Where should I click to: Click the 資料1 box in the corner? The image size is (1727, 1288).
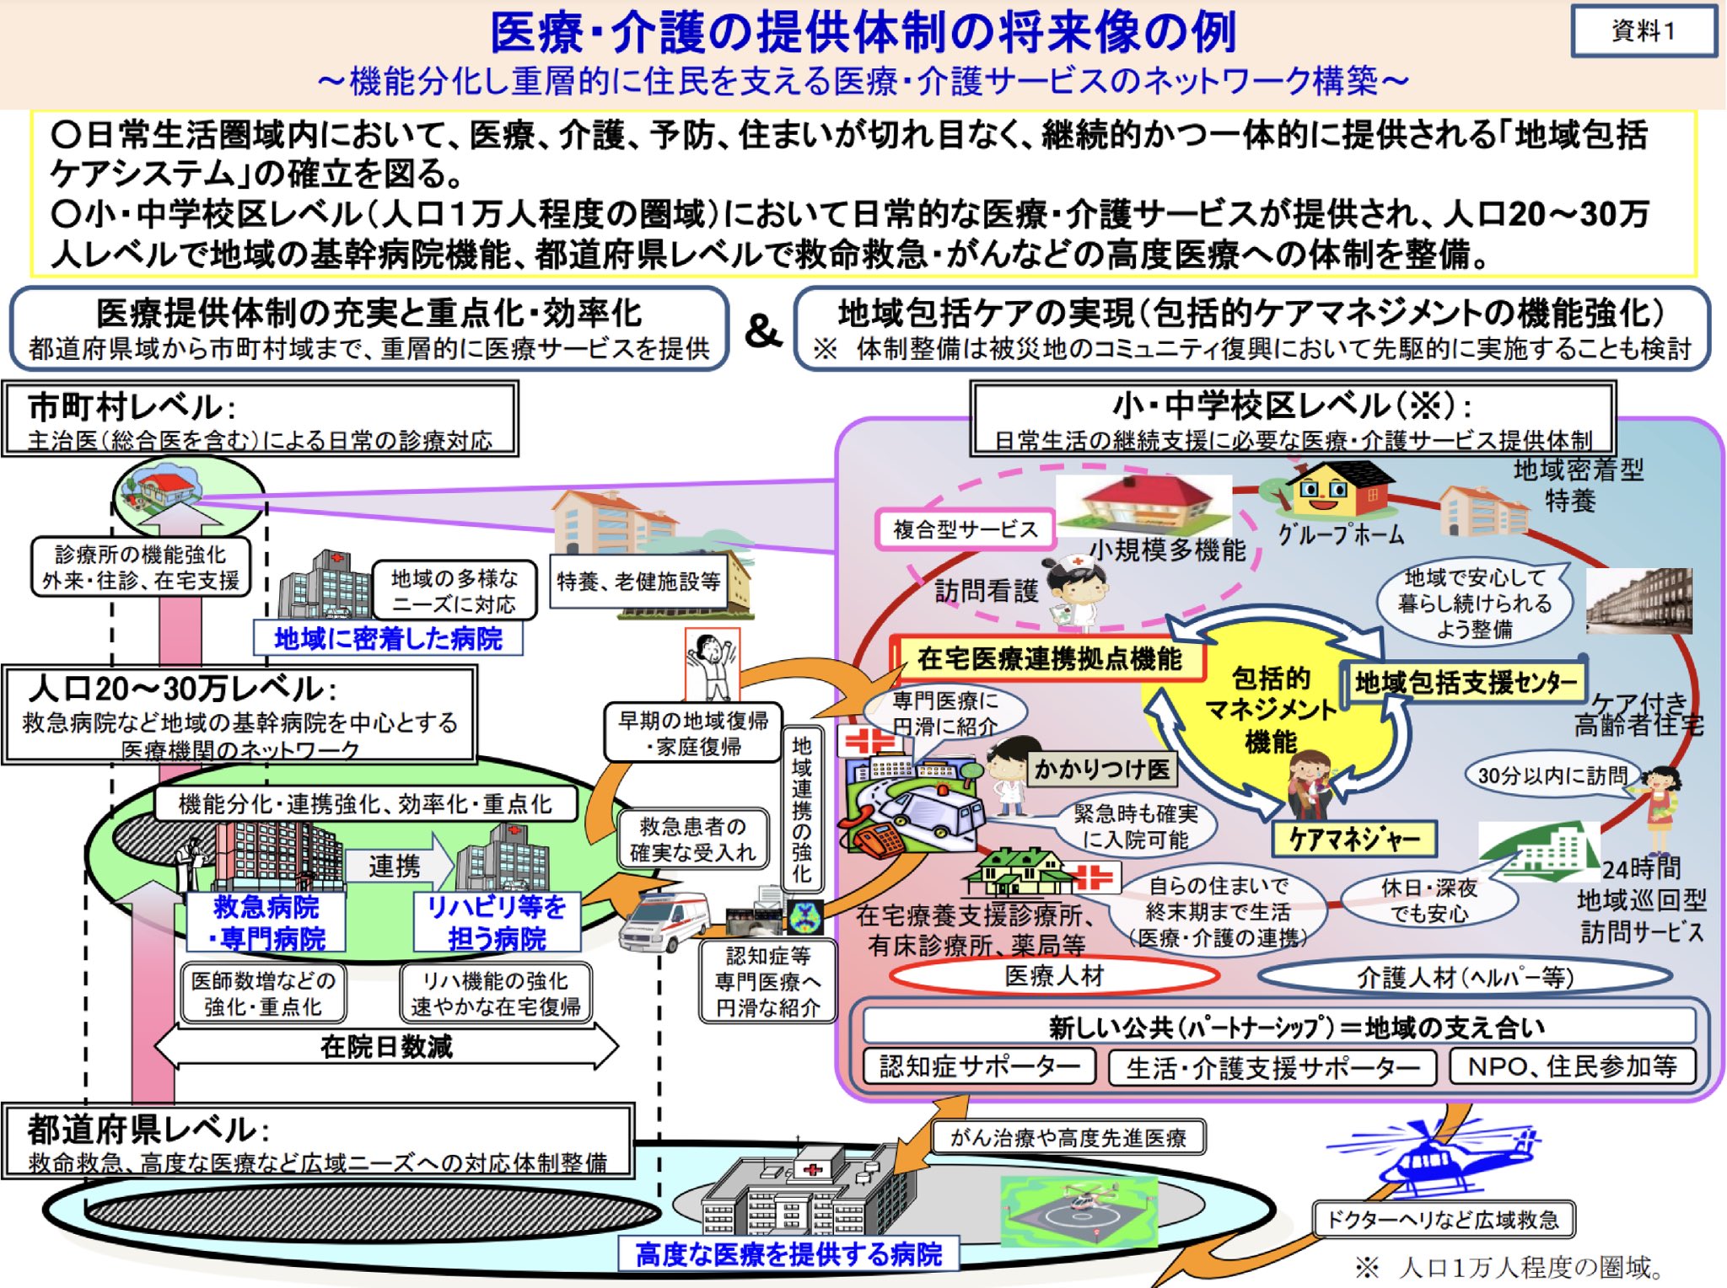[x=1643, y=31]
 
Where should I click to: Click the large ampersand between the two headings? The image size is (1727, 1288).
[x=762, y=330]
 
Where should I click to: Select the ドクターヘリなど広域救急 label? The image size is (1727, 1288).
[x=1443, y=1219]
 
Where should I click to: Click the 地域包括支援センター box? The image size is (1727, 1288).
[x=1464, y=682]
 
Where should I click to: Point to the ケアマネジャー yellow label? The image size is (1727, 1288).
[x=1353, y=838]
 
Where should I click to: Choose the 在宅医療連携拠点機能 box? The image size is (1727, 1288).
[x=1048, y=658]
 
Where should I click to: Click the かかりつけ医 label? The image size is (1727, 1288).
[x=1101, y=768]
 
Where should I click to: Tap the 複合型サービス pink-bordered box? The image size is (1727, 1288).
[x=965, y=529]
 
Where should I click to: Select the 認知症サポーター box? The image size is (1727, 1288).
[x=979, y=1066]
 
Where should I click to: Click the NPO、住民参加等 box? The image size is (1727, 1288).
[x=1572, y=1066]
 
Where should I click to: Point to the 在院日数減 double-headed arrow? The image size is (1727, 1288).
[x=386, y=1047]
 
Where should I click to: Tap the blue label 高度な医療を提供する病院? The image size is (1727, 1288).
[x=788, y=1254]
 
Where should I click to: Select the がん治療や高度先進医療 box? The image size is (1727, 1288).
[x=1068, y=1137]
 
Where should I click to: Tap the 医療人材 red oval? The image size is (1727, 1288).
[x=1054, y=976]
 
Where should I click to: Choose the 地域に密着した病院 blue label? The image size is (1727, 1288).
[x=388, y=639]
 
